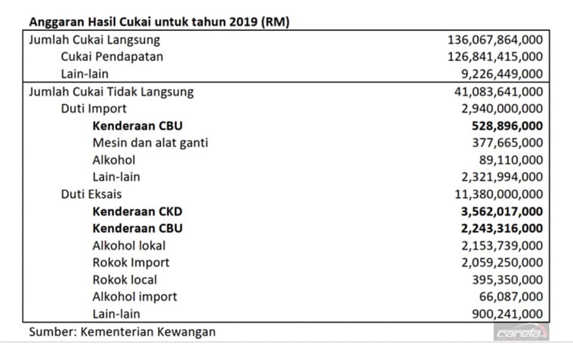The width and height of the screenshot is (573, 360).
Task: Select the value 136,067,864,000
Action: click(495, 39)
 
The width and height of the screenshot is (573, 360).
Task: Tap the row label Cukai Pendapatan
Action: click(112, 57)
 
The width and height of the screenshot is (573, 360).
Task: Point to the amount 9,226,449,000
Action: click(502, 74)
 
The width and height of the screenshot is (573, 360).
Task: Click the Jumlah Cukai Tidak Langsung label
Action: click(112, 91)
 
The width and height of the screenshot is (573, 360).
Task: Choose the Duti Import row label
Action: click(94, 109)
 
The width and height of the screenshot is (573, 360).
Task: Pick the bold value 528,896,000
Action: click(507, 126)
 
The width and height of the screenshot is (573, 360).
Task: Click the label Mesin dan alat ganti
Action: click(150, 143)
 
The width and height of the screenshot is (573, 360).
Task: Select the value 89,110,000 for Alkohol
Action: click(511, 160)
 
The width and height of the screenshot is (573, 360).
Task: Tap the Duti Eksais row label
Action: click(91, 194)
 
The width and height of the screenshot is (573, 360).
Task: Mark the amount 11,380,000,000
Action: click(498, 194)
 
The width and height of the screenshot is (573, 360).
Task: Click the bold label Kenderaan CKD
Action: click(137, 211)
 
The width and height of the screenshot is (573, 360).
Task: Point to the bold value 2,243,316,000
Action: click(502, 228)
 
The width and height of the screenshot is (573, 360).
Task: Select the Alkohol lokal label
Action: click(129, 245)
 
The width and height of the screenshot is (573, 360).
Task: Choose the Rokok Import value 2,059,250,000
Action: click(502, 263)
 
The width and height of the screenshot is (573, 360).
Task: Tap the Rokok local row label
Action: click(125, 279)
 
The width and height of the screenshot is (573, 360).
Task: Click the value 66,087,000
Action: click(511, 296)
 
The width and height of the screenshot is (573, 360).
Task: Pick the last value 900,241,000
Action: click(507, 313)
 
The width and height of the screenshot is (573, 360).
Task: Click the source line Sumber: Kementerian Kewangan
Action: click(122, 332)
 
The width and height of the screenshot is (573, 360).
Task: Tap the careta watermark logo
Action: click(521, 332)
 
